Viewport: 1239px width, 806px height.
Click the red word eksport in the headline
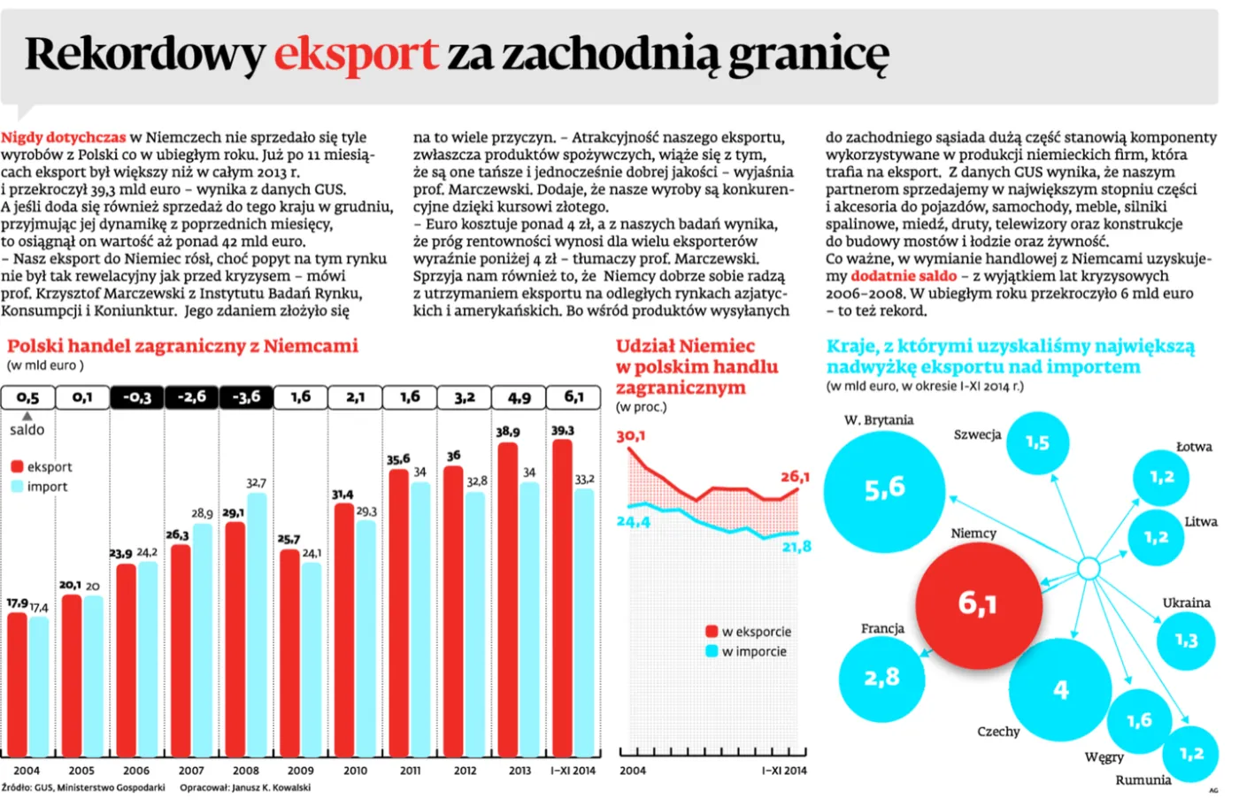point(356,55)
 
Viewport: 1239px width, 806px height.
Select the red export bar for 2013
point(508,602)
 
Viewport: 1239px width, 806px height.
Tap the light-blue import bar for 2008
point(257,624)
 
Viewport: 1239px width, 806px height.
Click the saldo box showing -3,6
point(246,397)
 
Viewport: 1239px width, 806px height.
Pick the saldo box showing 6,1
point(573,397)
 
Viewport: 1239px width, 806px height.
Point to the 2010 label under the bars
point(355,771)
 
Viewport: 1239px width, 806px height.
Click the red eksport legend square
point(17,467)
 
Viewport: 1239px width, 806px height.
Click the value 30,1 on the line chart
point(631,436)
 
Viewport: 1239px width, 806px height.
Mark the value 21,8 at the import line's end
point(796,547)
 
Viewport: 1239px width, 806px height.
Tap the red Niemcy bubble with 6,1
point(977,604)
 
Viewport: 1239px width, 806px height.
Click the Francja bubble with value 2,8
point(881,679)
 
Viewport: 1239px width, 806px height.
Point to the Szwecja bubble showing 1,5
point(1037,442)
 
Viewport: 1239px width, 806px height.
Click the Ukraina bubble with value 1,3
point(1186,640)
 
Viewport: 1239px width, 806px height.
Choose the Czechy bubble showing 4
point(1060,689)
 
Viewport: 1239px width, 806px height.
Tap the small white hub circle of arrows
point(1089,568)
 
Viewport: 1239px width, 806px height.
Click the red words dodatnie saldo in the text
point(903,276)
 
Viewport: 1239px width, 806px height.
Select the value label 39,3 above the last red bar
point(562,431)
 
